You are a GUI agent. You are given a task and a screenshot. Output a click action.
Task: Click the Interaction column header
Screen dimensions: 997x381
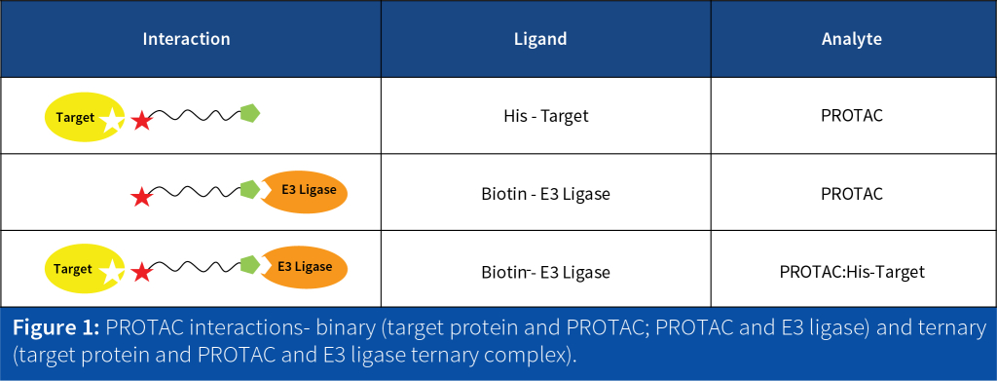186,39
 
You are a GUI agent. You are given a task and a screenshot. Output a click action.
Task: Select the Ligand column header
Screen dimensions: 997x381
540,39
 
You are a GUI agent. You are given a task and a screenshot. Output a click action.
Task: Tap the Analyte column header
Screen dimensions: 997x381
852,39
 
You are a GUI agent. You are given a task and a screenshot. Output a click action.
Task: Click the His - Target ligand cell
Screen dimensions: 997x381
545,116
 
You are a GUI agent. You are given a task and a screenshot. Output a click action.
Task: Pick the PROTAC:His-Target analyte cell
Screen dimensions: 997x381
852,272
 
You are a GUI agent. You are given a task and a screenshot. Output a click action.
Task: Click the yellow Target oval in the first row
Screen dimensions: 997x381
85,117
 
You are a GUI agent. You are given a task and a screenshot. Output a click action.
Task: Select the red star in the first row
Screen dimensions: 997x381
141,120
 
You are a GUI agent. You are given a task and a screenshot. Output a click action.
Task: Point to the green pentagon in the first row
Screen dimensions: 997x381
250,114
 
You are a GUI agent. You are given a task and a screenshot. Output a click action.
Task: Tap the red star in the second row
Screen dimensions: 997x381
141,197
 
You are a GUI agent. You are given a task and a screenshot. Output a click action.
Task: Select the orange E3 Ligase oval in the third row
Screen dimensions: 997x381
303,268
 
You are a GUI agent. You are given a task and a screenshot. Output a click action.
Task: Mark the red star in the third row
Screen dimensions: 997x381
141,274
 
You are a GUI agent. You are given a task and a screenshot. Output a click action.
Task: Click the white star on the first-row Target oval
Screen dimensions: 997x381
112,120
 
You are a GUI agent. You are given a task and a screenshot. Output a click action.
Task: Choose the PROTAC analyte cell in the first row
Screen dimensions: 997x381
852,116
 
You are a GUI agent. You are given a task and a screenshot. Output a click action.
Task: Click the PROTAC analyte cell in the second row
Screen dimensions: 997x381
852,193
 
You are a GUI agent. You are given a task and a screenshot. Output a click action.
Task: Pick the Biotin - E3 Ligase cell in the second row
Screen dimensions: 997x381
545,193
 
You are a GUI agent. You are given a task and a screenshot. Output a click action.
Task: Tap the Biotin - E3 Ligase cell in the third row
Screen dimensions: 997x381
545,272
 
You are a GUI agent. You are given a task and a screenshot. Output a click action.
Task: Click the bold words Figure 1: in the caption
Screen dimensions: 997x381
56,328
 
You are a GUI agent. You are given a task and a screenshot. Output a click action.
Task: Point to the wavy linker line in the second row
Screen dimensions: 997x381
196,190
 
